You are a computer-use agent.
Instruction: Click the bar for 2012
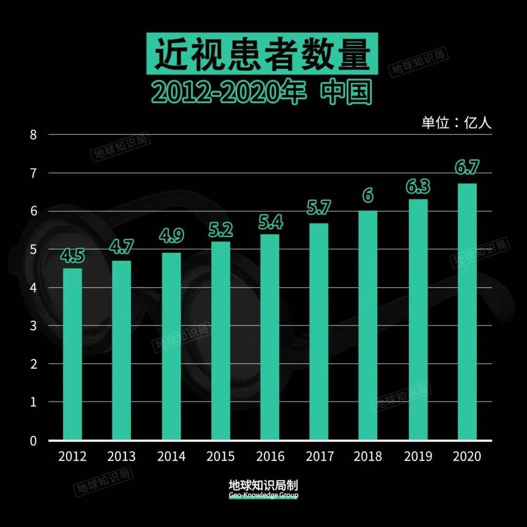pos(72,354)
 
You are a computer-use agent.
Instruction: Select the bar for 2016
pos(270,337)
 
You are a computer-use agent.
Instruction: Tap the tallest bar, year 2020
pos(467,311)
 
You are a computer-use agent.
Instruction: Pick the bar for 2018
pos(368,325)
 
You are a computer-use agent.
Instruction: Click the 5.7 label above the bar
pos(319,208)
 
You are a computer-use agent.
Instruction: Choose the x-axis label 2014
pos(171,456)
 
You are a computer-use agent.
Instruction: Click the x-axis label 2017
pos(319,456)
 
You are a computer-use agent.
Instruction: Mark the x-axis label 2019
pos(417,456)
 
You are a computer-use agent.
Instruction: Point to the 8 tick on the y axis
pos(33,134)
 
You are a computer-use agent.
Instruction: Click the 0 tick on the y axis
pos(33,441)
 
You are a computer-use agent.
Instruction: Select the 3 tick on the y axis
pos(33,326)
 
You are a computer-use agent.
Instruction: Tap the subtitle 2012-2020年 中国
pos(262,92)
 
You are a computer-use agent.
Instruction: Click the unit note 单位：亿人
pos(456,123)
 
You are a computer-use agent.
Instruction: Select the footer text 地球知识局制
pos(263,485)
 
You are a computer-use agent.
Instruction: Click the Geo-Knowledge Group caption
pos(263,496)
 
